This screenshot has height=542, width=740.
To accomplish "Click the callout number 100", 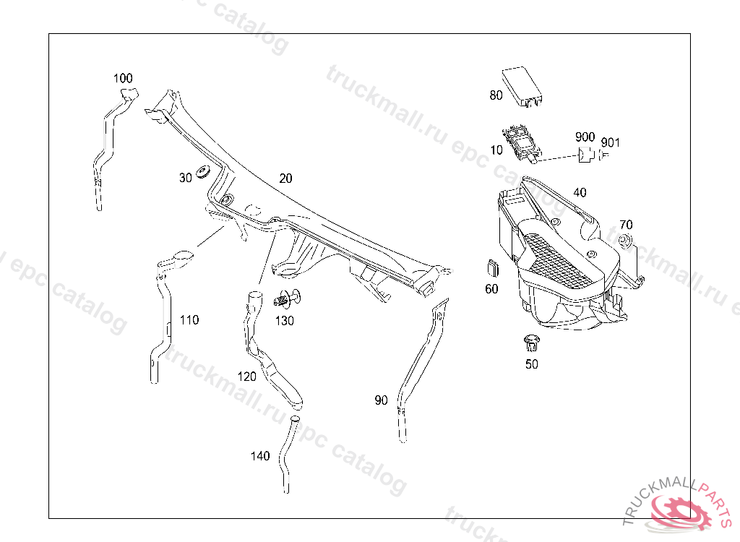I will pyautogui.click(x=123, y=78).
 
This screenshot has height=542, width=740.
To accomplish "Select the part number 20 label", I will pyautogui.click(x=285, y=178).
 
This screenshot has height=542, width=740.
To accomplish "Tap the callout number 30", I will pyautogui.click(x=185, y=178).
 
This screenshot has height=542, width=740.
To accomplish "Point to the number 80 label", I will pyautogui.click(x=496, y=95).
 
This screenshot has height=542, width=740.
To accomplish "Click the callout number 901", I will pyautogui.click(x=611, y=142).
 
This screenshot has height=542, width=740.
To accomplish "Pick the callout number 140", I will pyautogui.click(x=260, y=456).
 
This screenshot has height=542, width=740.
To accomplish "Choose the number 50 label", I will pyautogui.click(x=531, y=364).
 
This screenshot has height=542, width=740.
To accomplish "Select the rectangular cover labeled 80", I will pyautogui.click(x=523, y=85).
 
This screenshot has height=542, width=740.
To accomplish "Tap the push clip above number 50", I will pyautogui.click(x=530, y=341).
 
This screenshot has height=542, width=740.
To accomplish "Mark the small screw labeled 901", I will pyautogui.click(x=606, y=154).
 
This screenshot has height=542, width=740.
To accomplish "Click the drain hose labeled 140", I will pyautogui.click(x=287, y=455).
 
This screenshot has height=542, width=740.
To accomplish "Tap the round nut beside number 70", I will pyautogui.click(x=626, y=241).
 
